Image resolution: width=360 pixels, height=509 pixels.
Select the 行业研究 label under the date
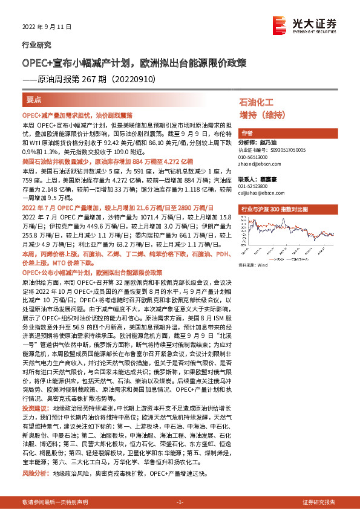pyautogui.click(x=36, y=45)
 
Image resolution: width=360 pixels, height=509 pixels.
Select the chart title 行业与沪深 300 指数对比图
pyautogui.click(x=275, y=209)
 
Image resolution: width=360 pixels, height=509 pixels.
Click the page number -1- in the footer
pyautogui.click(x=180, y=503)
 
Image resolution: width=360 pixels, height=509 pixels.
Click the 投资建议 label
pyautogui.click(x=34, y=409)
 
